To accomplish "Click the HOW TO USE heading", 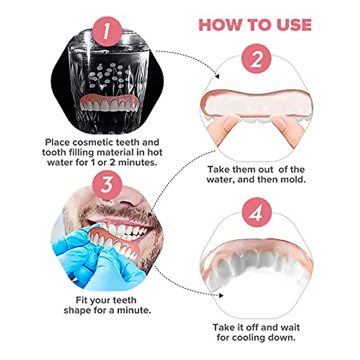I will click(x=255, y=25).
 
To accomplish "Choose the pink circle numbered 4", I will click(x=256, y=213).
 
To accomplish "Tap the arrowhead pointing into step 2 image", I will click(x=217, y=77).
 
